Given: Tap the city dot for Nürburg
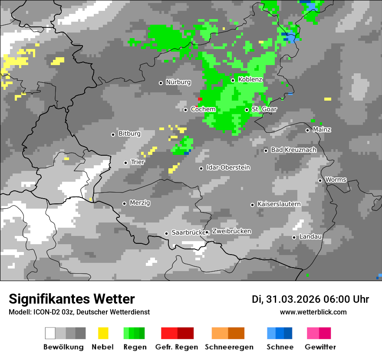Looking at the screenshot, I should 161,83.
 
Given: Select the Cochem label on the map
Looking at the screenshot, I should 203,109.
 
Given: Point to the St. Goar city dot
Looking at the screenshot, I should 247,110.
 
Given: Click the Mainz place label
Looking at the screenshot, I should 322,129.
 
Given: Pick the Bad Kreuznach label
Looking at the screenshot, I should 294,150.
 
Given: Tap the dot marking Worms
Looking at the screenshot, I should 320,180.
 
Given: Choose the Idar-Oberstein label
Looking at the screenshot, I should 228,167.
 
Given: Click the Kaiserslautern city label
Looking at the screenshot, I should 279,204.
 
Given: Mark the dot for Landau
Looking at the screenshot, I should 294,237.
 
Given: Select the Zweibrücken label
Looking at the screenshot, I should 231,231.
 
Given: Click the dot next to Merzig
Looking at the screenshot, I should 124,203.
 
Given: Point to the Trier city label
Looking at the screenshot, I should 138,162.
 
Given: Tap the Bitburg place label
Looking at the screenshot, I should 130,134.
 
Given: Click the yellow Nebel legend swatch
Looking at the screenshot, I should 103,333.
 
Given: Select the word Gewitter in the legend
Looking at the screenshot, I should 320,347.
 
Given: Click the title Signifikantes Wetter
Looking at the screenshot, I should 72,299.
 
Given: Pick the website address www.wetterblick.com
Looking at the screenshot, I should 313,312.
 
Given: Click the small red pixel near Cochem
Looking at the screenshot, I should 200,99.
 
